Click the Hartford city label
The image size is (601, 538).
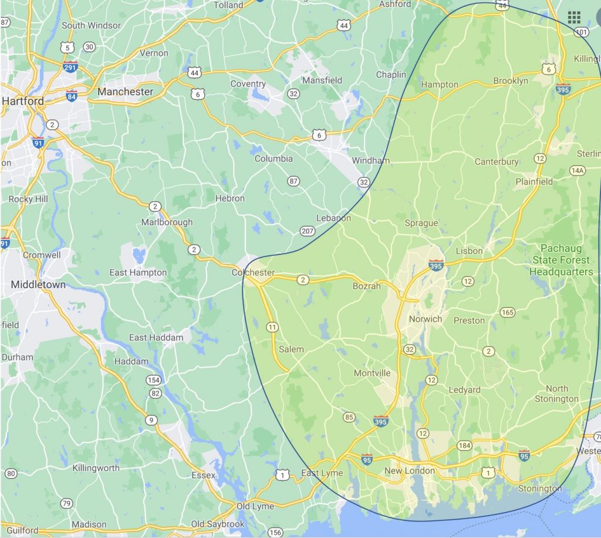click(x=23, y=101)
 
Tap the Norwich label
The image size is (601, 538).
click(x=425, y=319)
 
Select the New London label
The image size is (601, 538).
click(x=410, y=471)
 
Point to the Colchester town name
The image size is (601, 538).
click(x=253, y=273)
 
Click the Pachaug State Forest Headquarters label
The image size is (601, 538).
click(x=561, y=260)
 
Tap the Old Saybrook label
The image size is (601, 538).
click(x=217, y=524)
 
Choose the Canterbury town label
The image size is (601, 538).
click(x=497, y=161)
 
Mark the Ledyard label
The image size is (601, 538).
click(x=464, y=390)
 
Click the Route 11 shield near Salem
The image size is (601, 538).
click(x=272, y=327)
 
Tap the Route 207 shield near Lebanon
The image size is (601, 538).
click(x=306, y=231)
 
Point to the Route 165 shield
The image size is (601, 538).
click(x=508, y=312)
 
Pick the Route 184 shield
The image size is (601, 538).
click(x=464, y=446)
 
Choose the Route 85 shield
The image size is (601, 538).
click(x=349, y=417)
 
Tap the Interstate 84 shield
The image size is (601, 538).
click(x=72, y=96)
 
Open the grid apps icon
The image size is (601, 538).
click(x=573, y=17)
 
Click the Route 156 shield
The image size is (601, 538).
click(x=274, y=532)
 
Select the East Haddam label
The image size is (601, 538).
click(x=156, y=337)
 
